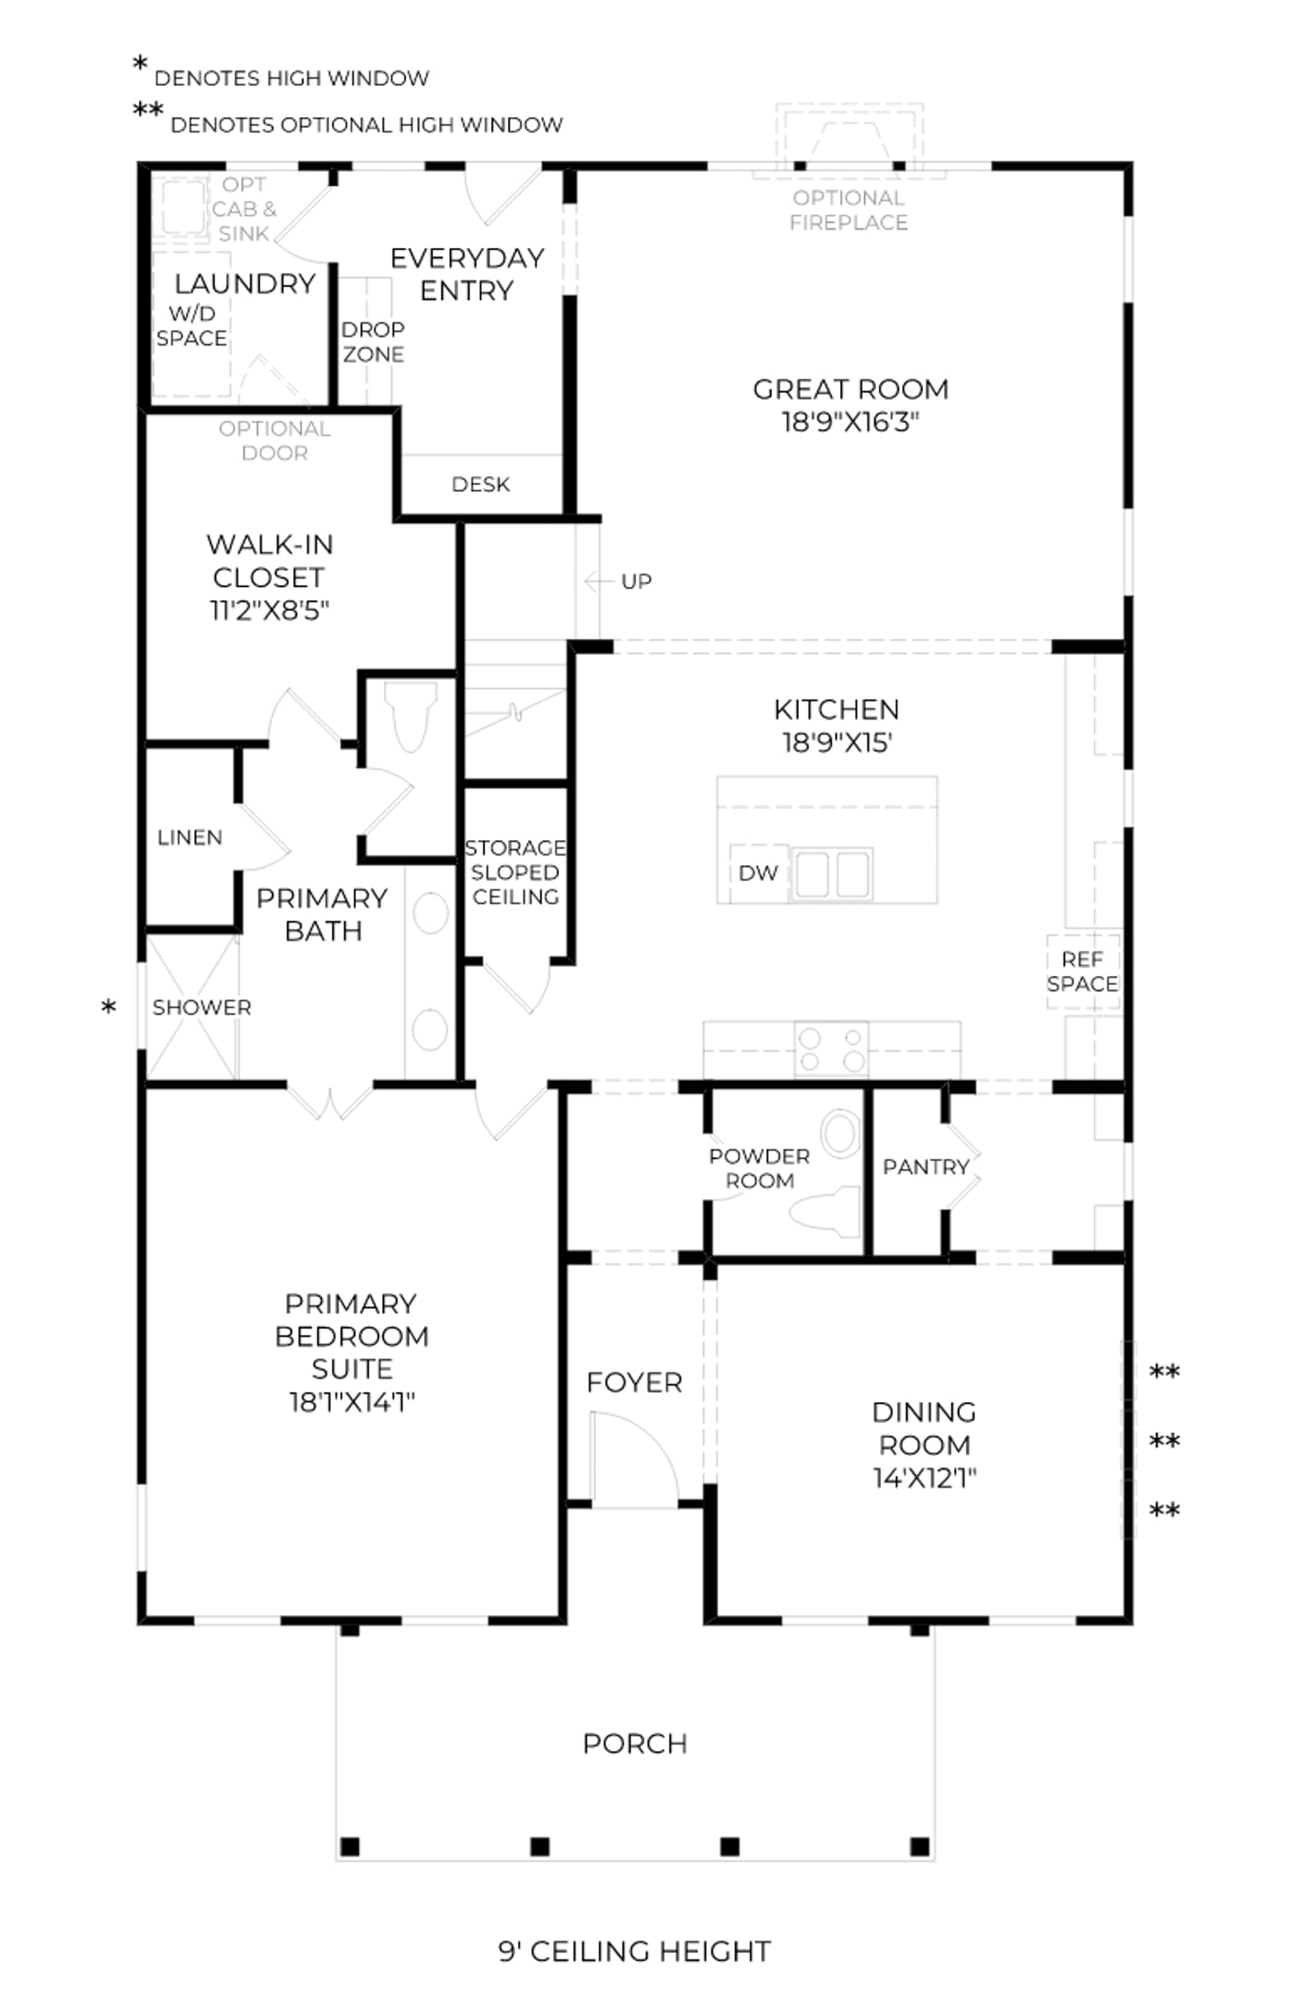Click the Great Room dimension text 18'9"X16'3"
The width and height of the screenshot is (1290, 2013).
(850, 421)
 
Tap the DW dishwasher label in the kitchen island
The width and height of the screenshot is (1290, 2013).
(758, 873)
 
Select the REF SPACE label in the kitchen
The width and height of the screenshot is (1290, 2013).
(1082, 972)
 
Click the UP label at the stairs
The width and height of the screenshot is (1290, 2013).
(636, 582)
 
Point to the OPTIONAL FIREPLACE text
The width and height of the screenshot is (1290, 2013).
(848, 210)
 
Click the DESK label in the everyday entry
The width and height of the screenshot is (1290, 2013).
(480, 484)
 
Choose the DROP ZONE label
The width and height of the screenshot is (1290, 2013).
(373, 342)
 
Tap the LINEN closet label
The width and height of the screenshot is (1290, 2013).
(190, 837)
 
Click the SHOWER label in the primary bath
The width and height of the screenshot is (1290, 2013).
(201, 1007)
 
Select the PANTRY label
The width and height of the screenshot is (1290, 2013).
(926, 1167)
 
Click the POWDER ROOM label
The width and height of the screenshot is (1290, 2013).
(760, 1168)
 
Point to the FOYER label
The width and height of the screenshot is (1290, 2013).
(634, 1382)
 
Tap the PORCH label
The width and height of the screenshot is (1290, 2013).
(634, 1743)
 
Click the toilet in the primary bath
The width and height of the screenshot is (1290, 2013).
(411, 716)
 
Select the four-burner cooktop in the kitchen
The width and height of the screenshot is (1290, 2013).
(832, 1049)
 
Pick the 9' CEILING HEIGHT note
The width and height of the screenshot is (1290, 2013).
(634, 1950)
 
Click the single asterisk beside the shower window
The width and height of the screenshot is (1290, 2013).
(109, 1007)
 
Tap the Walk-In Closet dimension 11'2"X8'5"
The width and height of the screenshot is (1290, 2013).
(269, 610)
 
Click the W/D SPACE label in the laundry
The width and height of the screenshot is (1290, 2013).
(191, 326)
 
